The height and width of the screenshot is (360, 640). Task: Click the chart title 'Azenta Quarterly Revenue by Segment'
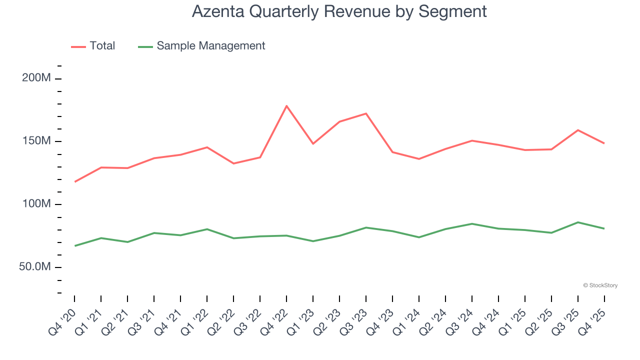point(339,11)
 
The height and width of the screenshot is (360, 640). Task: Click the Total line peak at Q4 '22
point(286,106)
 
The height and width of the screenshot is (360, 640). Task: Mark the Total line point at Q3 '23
point(366,113)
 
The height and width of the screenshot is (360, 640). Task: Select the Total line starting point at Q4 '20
point(74,181)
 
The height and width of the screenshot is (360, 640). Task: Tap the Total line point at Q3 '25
point(578,130)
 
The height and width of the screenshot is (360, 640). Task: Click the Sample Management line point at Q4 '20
point(74,246)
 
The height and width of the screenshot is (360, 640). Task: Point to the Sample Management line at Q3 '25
point(578,222)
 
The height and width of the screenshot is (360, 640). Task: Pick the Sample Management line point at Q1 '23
point(313,241)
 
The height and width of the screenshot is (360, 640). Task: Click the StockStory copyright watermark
point(600,285)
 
